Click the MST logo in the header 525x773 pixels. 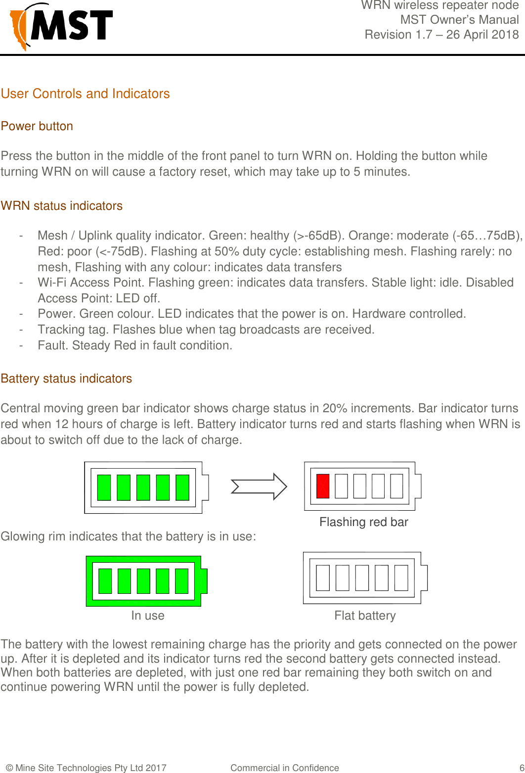[62, 26]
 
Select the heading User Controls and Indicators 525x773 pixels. [85, 94]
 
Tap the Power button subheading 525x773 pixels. [37, 126]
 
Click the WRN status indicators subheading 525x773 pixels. [62, 206]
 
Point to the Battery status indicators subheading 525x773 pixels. [66, 379]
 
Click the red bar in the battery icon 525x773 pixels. [323, 486]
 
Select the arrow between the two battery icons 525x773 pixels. [259, 486]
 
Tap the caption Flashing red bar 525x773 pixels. [363, 522]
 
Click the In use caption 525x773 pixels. [147, 616]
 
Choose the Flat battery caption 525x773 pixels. [365, 616]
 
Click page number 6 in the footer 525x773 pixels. [522, 768]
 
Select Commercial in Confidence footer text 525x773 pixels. [284, 768]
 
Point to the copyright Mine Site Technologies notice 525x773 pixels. [86, 768]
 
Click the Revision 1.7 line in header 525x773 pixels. [441, 35]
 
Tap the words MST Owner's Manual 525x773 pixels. [459, 20]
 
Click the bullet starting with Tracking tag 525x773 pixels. [206, 330]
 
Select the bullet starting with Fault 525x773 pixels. [134, 345]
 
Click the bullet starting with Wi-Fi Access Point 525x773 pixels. [275, 283]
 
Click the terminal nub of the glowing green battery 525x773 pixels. [204, 581]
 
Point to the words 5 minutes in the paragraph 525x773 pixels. [381, 172]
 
